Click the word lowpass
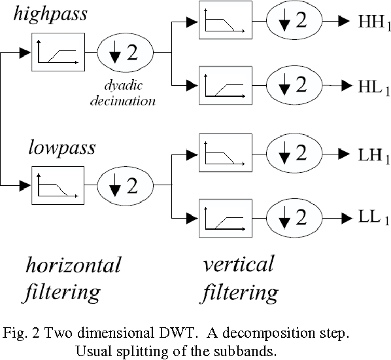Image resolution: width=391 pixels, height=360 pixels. click(x=61, y=147)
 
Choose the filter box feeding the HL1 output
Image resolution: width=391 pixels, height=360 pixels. click(x=224, y=85)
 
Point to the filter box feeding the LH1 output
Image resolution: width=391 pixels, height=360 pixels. click(x=224, y=154)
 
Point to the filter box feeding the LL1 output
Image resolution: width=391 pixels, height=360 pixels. click(x=224, y=217)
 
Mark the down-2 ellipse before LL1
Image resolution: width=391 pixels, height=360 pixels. click(x=294, y=217)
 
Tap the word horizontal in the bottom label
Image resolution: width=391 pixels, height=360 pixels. click(x=73, y=265)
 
